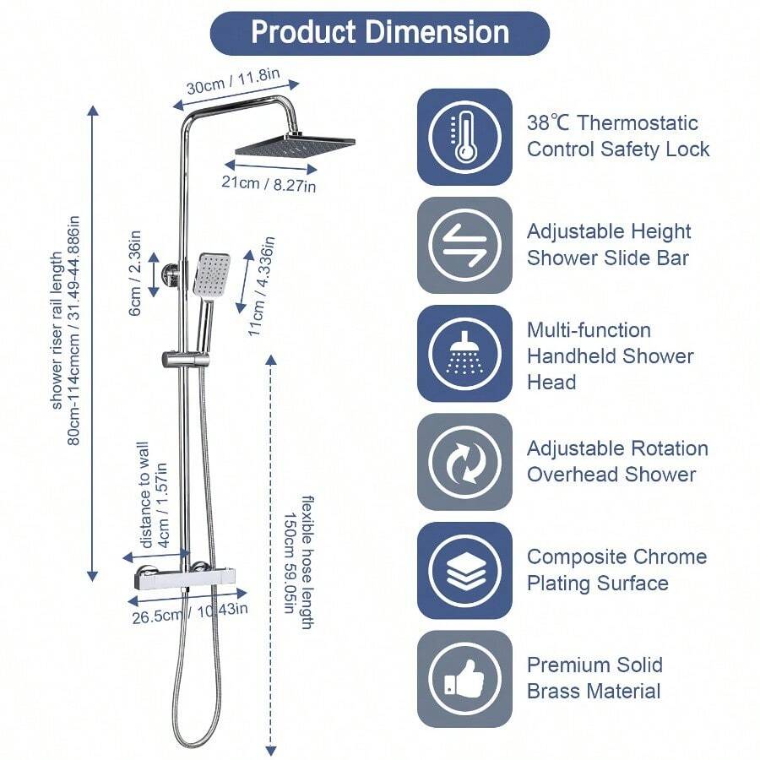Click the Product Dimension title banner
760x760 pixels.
[x=380, y=33]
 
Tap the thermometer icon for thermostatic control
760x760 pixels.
[x=464, y=136]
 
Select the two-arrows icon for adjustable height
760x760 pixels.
[x=464, y=245]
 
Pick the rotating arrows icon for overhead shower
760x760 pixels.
[x=464, y=461]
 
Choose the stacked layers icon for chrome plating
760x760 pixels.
[x=464, y=570]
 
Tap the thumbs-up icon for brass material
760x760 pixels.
[x=464, y=678]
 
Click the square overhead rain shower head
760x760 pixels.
[x=294, y=145]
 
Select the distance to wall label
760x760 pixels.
[x=151, y=491]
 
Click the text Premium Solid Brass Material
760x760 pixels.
[x=594, y=678]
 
